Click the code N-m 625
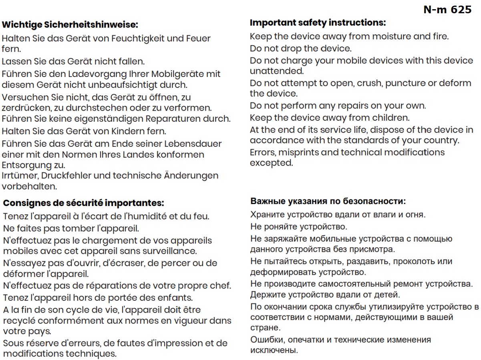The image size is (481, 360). click(447, 10)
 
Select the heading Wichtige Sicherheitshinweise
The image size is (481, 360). click(70, 25)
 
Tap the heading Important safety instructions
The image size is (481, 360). click(318, 22)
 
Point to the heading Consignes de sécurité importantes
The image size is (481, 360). click(83, 203)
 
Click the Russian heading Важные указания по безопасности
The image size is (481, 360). click(328, 201)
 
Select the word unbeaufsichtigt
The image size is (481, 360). click(126, 85)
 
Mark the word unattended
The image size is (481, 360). click(276, 71)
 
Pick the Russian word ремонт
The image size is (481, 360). click(405, 284)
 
